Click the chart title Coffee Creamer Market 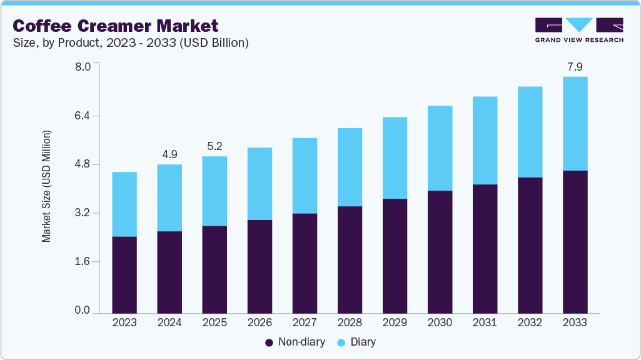click(116, 26)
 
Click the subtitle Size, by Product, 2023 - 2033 click(131, 43)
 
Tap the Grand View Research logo click(579, 29)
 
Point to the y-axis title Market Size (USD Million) click(46, 186)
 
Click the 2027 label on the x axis click(305, 323)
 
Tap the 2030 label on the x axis click(440, 323)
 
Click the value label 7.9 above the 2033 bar click(575, 66)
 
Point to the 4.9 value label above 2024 click(169, 154)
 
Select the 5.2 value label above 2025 click(215, 146)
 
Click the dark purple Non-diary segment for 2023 click(124, 274)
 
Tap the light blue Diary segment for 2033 click(575, 124)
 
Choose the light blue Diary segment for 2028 click(350, 167)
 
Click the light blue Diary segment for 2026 click(260, 184)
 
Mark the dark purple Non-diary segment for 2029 click(395, 256)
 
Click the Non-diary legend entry click(293, 342)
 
